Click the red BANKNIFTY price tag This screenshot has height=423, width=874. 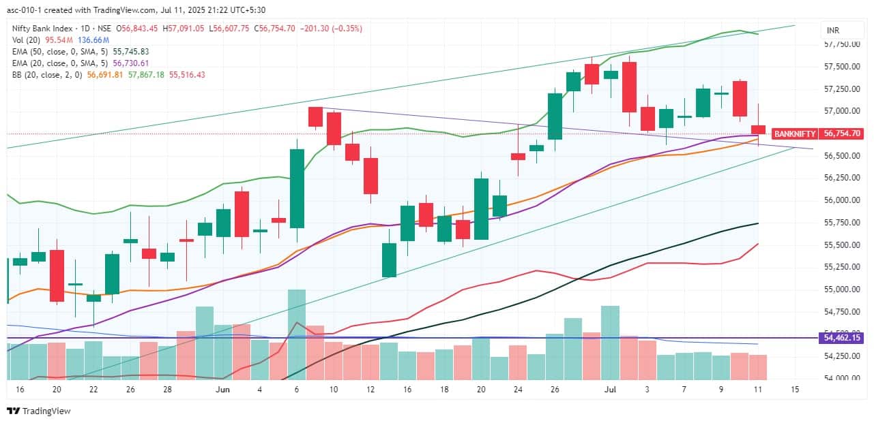[794, 134]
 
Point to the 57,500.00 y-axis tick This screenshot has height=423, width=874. [841, 67]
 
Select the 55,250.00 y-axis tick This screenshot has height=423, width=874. [841, 267]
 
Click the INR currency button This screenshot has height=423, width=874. [832, 31]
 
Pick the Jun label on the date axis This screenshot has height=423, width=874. [222, 390]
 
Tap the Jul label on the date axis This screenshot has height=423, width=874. [610, 390]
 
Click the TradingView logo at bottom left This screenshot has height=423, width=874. [38, 411]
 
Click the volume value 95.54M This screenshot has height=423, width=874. [59, 40]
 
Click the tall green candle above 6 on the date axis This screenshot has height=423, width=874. [297, 188]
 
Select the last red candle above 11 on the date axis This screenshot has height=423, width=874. [759, 129]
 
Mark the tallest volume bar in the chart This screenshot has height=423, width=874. [297, 334]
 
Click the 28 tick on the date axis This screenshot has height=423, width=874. [168, 390]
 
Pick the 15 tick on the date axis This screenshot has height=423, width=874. [795, 390]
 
